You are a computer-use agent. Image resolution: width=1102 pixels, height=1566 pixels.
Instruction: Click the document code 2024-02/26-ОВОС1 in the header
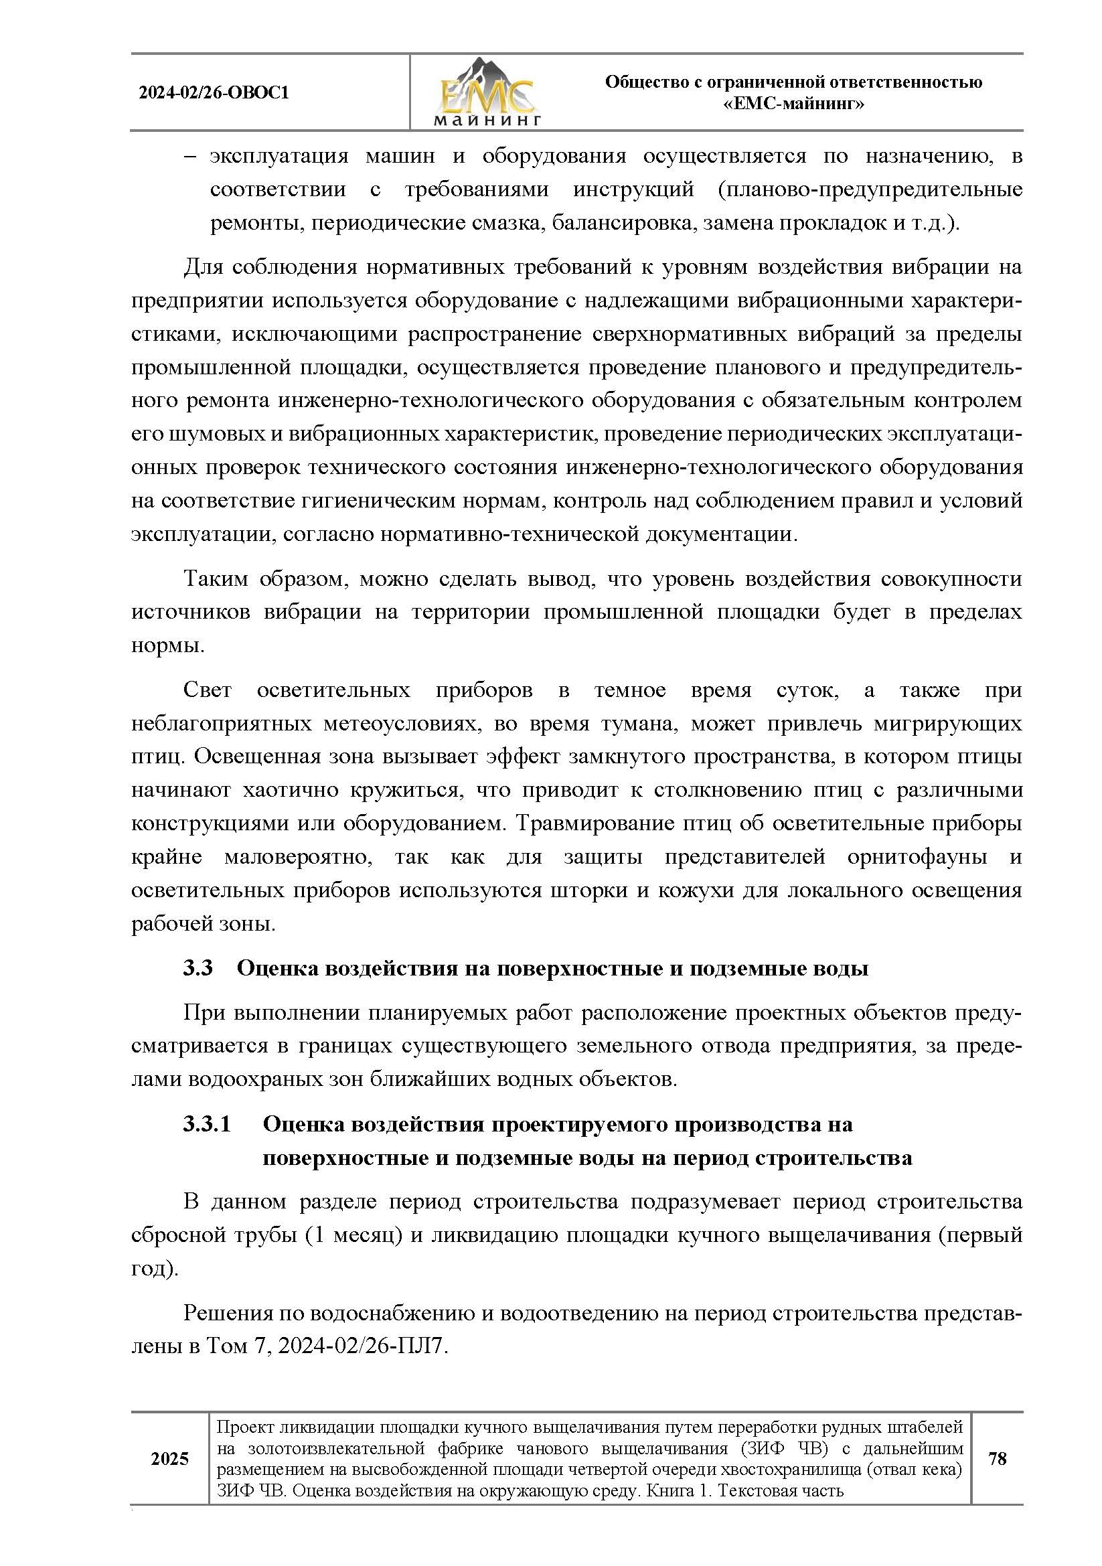214,93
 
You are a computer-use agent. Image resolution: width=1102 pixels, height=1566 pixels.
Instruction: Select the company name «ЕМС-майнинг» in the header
793,104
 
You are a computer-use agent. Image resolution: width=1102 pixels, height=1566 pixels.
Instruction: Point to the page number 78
996,1458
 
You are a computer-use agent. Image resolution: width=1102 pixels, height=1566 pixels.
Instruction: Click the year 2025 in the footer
169,1459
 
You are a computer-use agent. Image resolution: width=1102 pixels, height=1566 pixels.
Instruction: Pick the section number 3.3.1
207,1124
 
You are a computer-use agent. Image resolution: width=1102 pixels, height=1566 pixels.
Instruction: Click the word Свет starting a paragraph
208,690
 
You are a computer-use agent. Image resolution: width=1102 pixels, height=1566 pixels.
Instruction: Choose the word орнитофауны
917,857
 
